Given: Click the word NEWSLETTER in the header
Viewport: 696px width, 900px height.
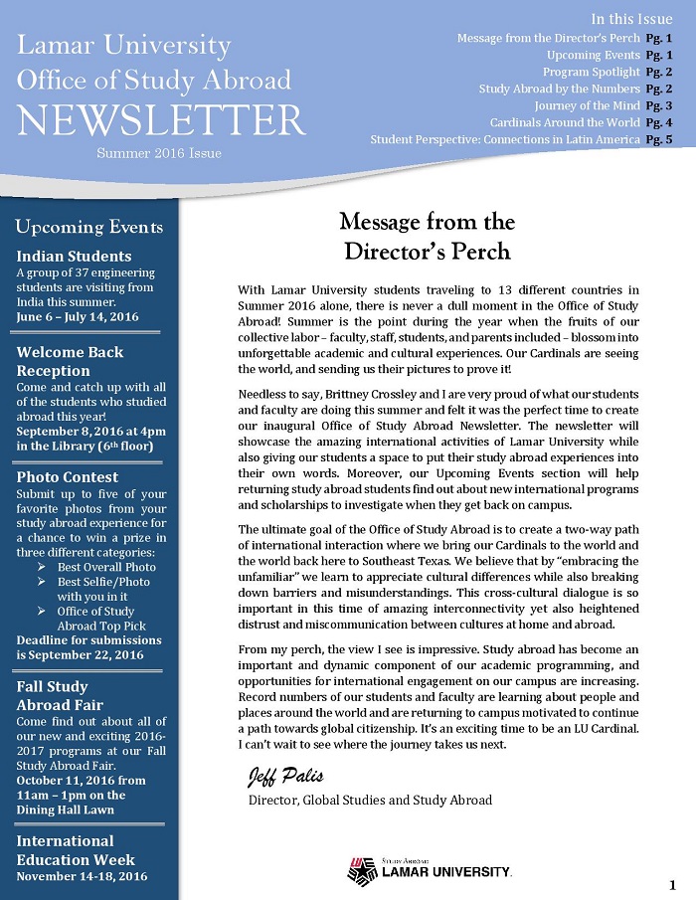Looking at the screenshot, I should tap(161, 119).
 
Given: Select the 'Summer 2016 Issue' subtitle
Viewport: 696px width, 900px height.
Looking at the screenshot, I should tap(159, 153).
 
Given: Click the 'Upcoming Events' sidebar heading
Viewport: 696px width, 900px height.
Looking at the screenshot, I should tap(89, 227).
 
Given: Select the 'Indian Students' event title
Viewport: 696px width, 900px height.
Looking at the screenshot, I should tap(75, 256).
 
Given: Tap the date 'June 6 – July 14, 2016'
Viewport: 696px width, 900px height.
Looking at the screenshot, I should tap(78, 316).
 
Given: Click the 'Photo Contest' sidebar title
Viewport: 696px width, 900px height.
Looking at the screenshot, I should tap(68, 476).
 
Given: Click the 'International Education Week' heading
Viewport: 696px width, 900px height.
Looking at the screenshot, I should tap(77, 850).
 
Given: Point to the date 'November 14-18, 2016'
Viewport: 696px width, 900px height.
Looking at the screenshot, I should tap(82, 876).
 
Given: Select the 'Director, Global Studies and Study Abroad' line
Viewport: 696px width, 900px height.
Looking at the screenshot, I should tap(370, 799).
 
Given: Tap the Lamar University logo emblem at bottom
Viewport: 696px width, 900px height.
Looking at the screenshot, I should tap(362, 871).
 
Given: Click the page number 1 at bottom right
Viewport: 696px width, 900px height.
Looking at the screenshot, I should tap(673, 885).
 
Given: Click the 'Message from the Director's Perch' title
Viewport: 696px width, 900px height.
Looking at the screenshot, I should tap(427, 235).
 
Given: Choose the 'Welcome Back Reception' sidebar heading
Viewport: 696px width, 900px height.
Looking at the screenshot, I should tap(71, 361).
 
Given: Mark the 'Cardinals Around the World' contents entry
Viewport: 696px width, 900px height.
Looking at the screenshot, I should tap(565, 122).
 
